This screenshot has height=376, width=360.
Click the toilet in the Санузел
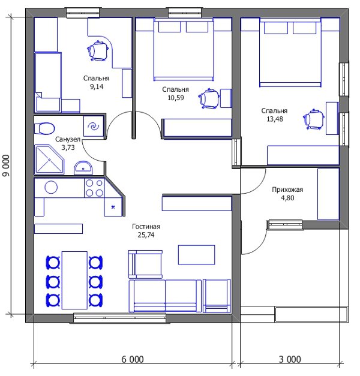[44, 128]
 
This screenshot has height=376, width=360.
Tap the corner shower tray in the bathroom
[49, 160]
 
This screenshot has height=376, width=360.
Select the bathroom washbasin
[83, 168]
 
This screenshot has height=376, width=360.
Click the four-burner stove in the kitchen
[94, 188]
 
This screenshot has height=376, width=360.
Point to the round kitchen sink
[51, 187]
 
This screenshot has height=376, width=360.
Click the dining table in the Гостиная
[74, 280]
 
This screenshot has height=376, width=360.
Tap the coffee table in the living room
[196, 254]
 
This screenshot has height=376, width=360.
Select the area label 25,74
[146, 234]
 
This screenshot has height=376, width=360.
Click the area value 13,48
[275, 119]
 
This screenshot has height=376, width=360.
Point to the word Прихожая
[287, 189]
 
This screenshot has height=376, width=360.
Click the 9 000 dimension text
[6, 166]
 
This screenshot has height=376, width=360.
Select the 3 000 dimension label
[290, 359]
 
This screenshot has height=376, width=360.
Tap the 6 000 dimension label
[133, 359]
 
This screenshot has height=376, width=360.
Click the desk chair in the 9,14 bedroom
[98, 50]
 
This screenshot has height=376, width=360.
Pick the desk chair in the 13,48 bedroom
[314, 119]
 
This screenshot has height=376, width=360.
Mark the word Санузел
[68, 139]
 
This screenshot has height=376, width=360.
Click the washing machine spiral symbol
[94, 126]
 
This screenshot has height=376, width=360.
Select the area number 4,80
[287, 198]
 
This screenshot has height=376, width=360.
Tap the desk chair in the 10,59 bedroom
[209, 98]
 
